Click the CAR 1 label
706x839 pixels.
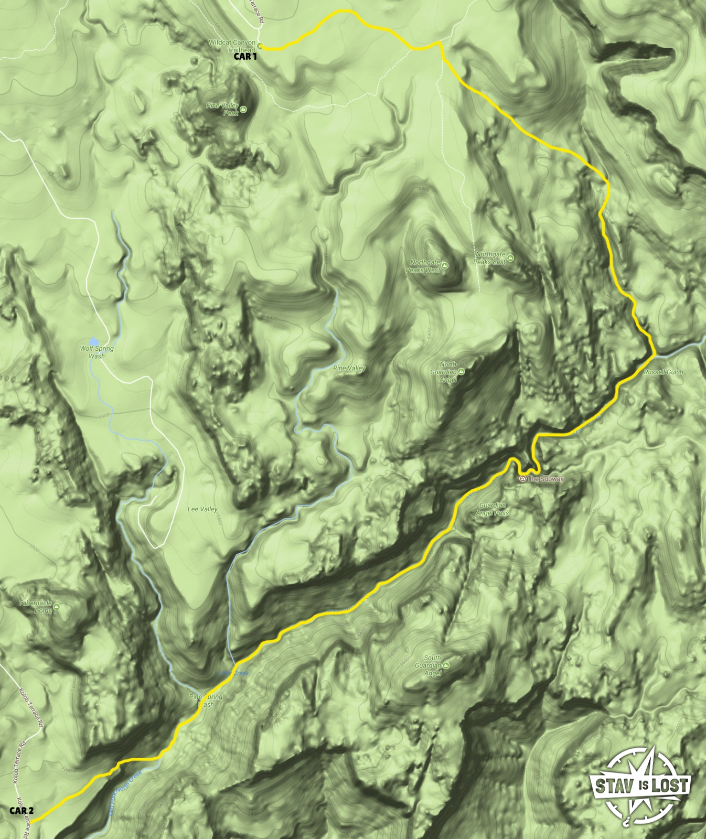point(245,57)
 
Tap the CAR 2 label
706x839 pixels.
point(22,811)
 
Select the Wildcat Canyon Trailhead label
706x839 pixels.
point(232,46)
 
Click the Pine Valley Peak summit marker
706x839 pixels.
point(243,109)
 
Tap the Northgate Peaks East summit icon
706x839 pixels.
point(510,258)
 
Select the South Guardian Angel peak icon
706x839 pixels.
point(445,665)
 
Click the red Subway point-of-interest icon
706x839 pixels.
point(522,479)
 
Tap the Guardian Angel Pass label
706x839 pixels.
point(493,509)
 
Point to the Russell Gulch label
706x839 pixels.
point(664,372)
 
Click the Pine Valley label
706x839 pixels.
point(349,368)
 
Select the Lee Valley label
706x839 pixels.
point(202,509)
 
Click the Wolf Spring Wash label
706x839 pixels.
point(97,352)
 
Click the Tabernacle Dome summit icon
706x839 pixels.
point(57,607)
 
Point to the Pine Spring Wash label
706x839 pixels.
point(206,701)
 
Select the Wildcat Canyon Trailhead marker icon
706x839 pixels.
point(260,46)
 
